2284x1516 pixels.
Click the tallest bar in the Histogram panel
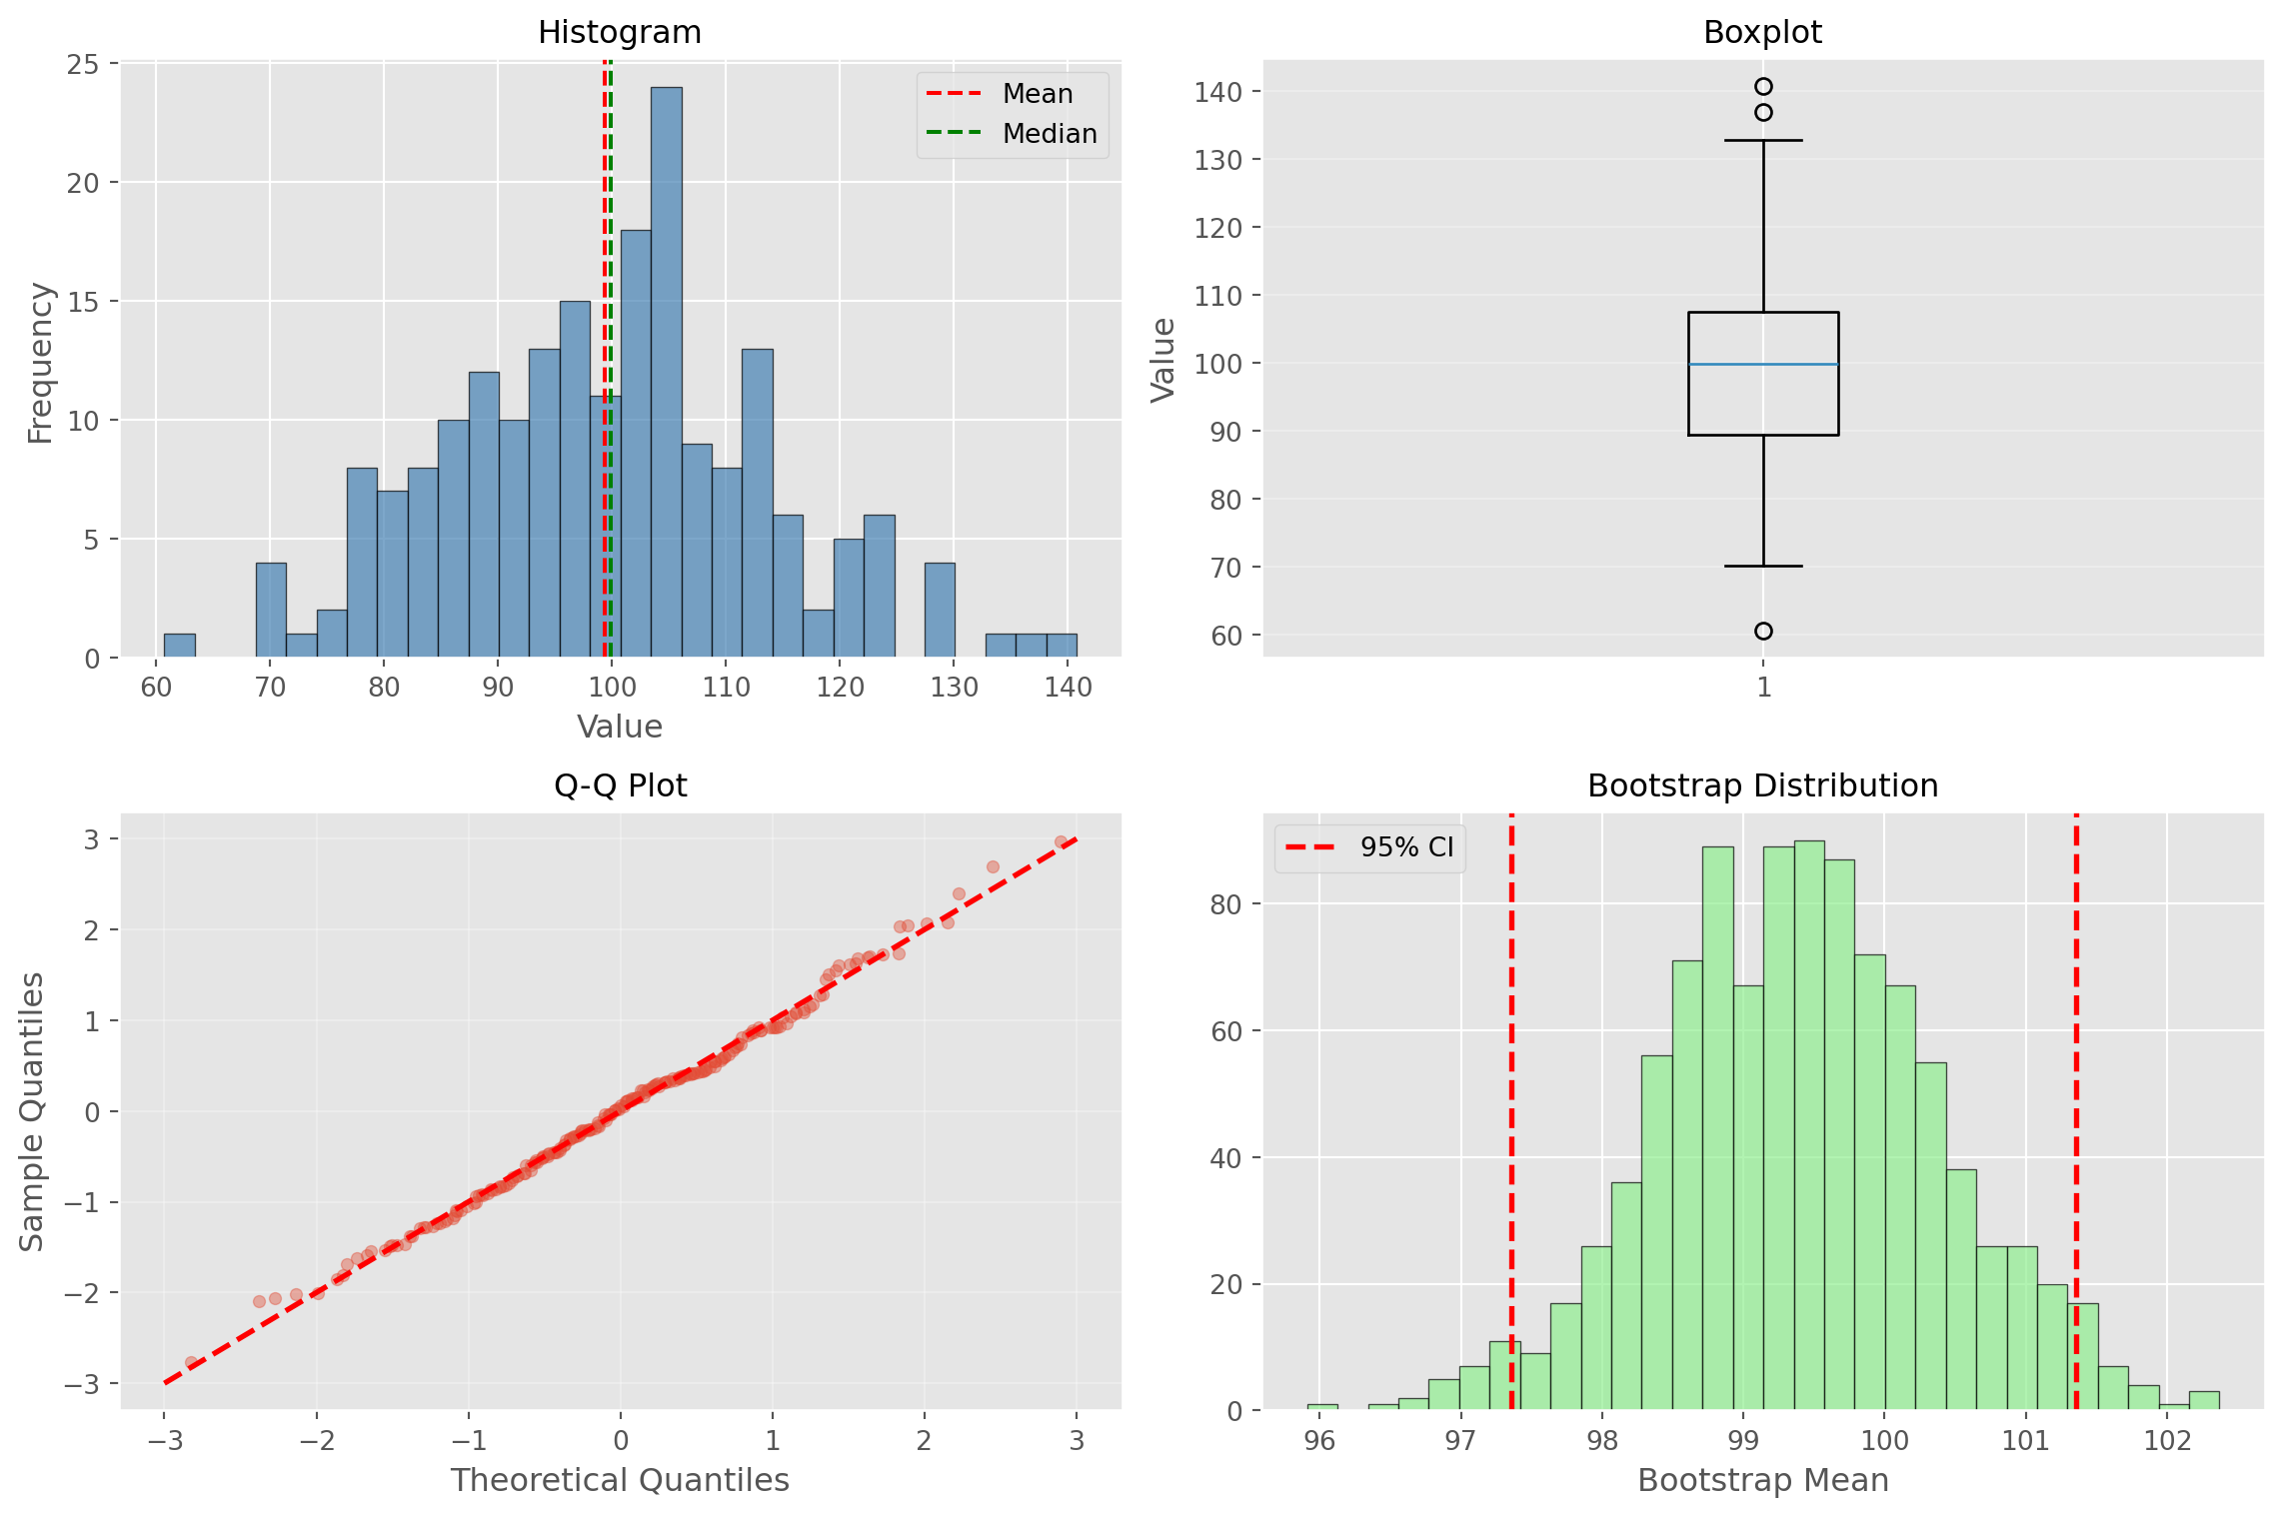(667, 370)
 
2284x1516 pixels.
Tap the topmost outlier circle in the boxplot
(1763, 87)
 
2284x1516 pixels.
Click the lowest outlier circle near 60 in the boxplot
(1763, 631)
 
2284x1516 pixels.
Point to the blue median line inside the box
(1763, 364)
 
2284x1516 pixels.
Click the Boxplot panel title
(1762, 32)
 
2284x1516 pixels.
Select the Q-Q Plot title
(620, 785)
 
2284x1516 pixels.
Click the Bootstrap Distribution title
(1762, 785)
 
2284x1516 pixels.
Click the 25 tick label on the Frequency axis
(83, 65)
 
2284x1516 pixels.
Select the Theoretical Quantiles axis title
(620, 1480)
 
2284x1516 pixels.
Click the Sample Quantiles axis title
(32, 1110)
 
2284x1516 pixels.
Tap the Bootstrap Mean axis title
(1762, 1480)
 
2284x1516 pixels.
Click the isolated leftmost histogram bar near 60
(180, 646)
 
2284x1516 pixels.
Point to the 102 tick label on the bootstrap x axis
(2167, 1440)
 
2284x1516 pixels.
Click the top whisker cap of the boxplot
(1763, 141)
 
